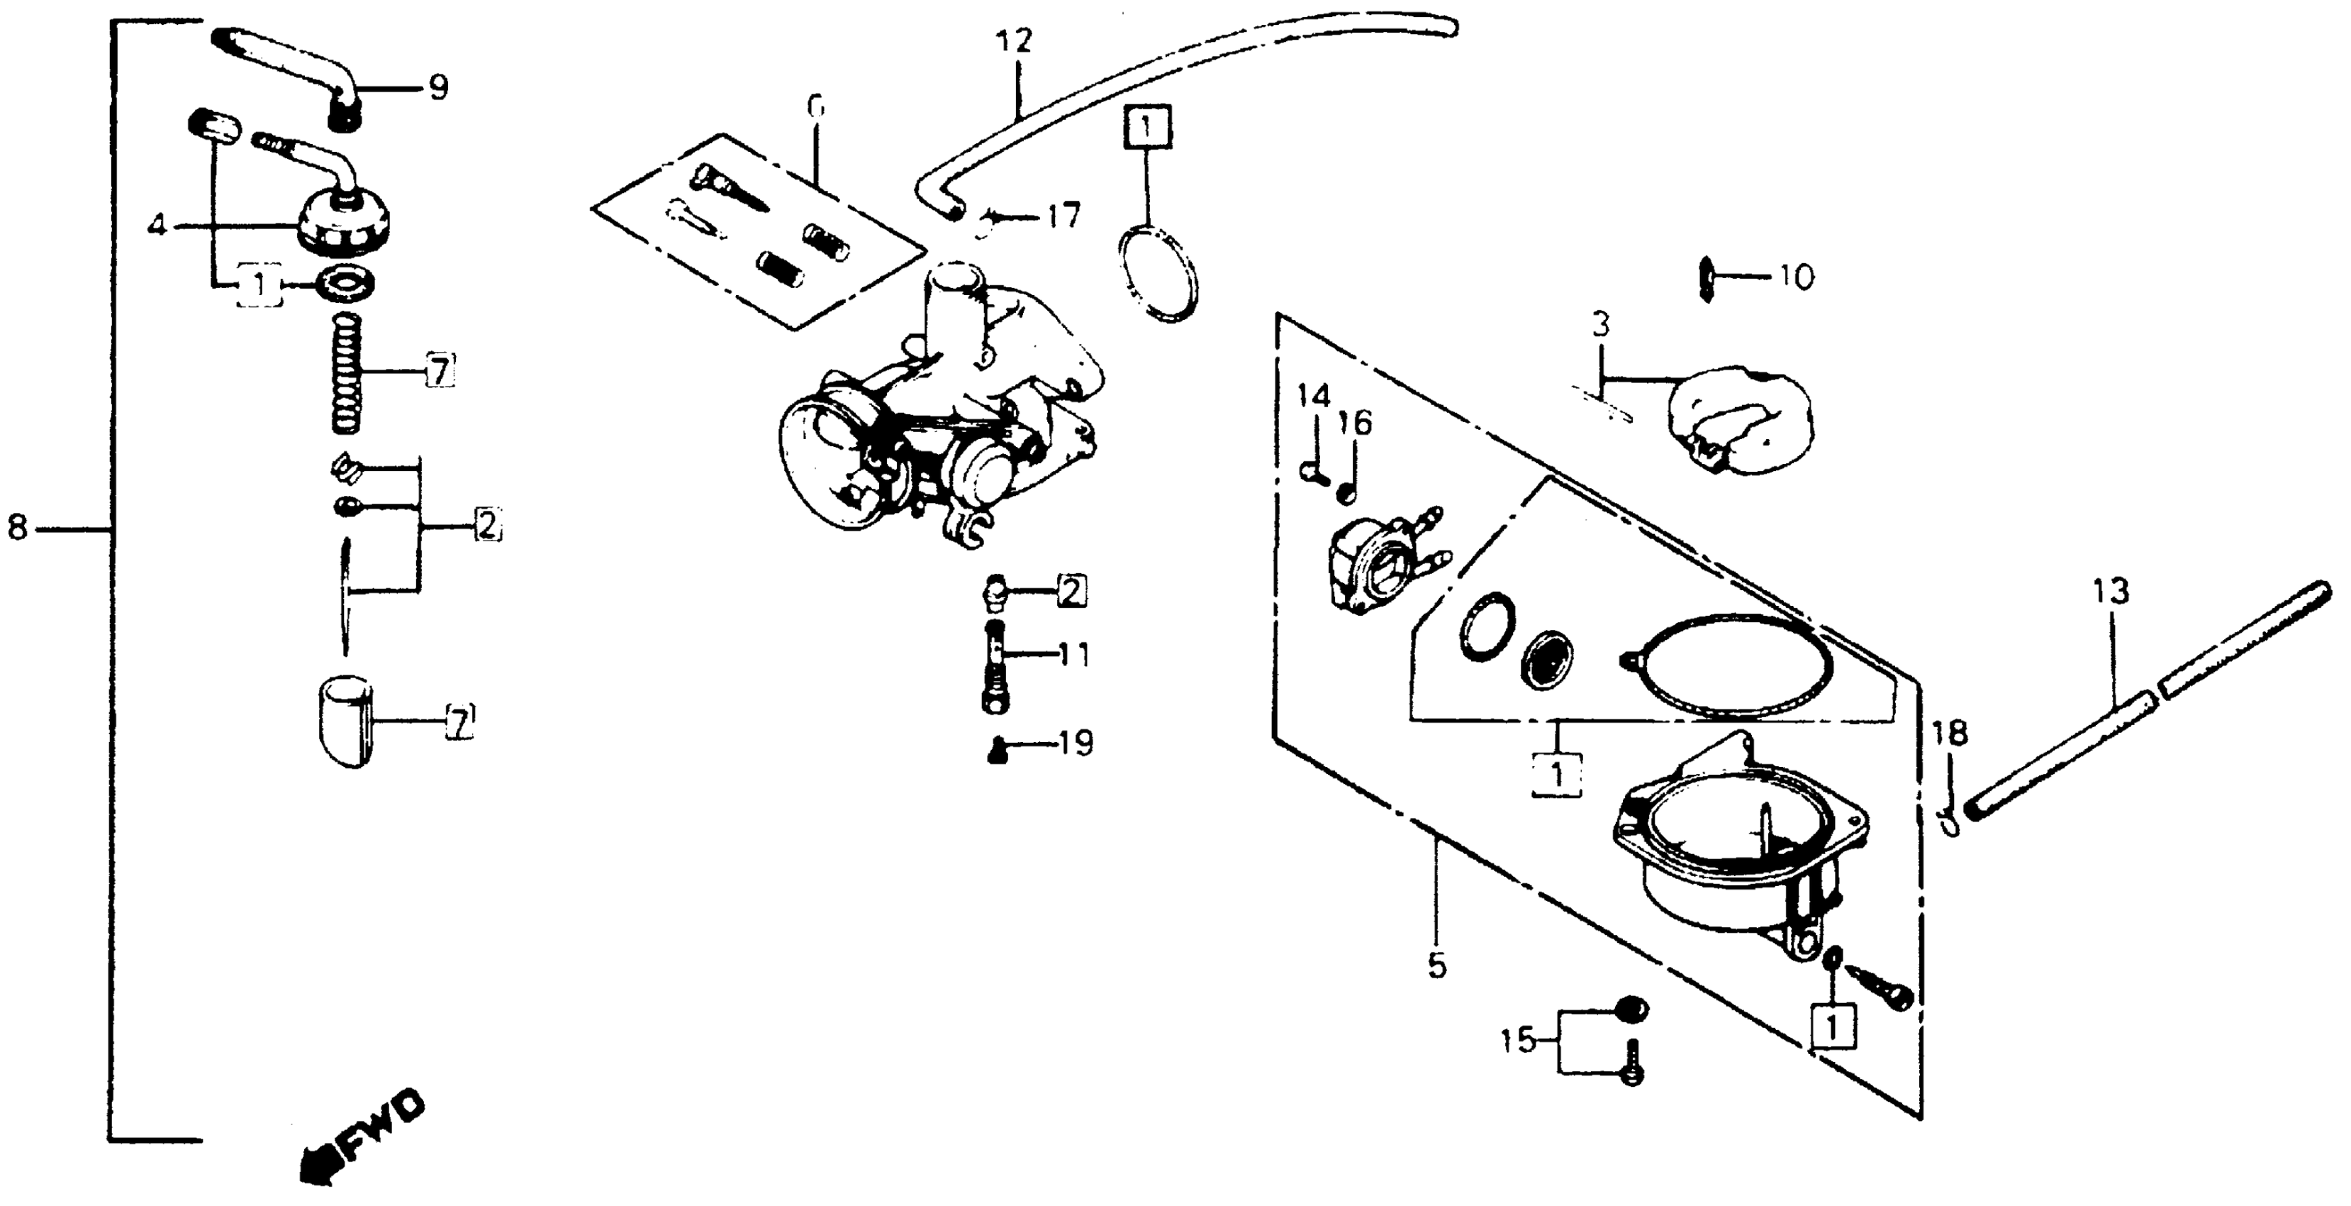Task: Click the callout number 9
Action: point(438,88)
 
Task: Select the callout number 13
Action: point(2110,592)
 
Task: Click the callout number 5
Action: point(1436,965)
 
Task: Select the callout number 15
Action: point(1519,1040)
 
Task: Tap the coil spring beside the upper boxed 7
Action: point(347,372)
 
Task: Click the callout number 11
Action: point(1073,655)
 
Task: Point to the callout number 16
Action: point(1356,423)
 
